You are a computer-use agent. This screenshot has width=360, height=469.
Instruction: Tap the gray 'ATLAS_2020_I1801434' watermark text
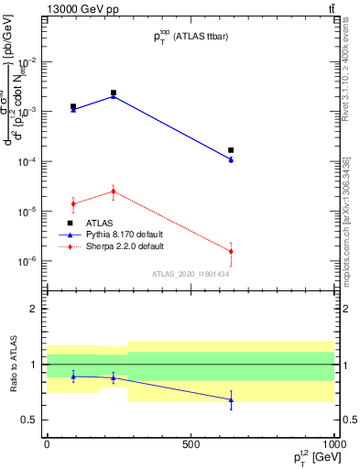click(x=190, y=273)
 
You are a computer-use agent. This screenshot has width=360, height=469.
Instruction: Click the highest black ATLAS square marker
click(x=114, y=93)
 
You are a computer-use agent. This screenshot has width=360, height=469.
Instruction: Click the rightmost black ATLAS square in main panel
click(x=231, y=150)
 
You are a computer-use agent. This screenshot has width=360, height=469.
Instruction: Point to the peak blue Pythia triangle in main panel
click(x=114, y=95)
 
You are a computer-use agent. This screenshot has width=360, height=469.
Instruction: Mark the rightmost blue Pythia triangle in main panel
click(x=231, y=159)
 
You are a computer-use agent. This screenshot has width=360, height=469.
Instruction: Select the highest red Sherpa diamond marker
click(x=114, y=191)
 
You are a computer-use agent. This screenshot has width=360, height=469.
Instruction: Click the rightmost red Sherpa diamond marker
click(x=231, y=251)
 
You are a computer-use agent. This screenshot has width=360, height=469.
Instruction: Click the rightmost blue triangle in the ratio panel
click(x=231, y=399)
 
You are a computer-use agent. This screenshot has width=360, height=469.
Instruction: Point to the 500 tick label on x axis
click(x=191, y=442)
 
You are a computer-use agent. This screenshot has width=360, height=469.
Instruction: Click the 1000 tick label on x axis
click(x=333, y=442)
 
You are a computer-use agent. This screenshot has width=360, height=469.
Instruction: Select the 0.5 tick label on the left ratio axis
click(x=31, y=420)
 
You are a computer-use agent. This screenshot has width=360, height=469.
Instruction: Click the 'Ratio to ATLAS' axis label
click(x=13, y=364)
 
